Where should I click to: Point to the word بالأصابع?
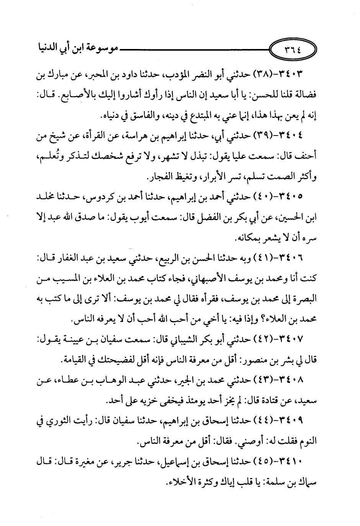point(75,94)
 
